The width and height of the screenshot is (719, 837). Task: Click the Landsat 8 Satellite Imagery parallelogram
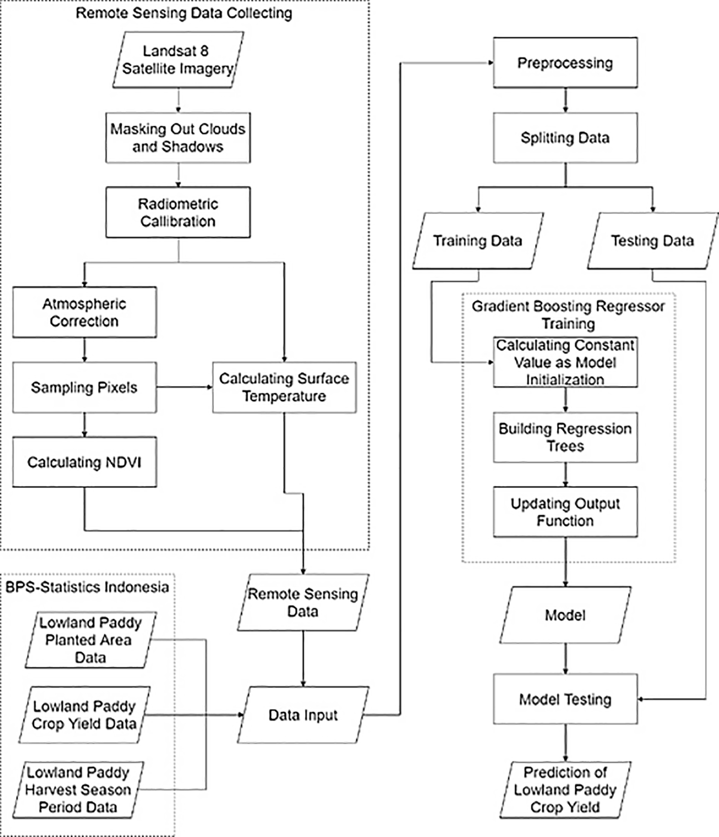(x=178, y=60)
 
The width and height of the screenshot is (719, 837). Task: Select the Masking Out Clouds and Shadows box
(x=178, y=137)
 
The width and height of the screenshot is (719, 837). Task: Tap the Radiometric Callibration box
(x=178, y=212)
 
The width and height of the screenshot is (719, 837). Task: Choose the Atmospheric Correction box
(x=84, y=312)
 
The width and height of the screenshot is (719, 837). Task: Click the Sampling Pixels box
(x=84, y=387)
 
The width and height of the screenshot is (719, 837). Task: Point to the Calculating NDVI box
(x=84, y=462)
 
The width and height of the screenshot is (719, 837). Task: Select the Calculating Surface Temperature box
(x=284, y=387)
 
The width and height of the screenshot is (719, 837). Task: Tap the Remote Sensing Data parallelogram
(x=303, y=603)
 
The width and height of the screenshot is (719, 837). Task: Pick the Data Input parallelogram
(x=303, y=715)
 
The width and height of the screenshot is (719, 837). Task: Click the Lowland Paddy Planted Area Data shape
(x=90, y=640)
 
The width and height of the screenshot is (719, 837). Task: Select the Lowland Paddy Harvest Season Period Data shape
(x=78, y=790)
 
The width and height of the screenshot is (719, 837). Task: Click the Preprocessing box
(x=565, y=63)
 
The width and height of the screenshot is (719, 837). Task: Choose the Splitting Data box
(x=565, y=137)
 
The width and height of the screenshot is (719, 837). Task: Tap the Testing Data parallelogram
(x=652, y=240)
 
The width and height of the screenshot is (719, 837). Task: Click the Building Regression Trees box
(x=565, y=437)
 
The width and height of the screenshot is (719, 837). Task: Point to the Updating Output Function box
(x=565, y=512)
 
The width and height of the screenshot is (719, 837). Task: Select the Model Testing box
(x=565, y=700)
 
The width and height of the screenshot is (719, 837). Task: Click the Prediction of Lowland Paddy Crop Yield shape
(x=565, y=790)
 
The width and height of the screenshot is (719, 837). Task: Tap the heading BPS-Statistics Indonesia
(x=87, y=587)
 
